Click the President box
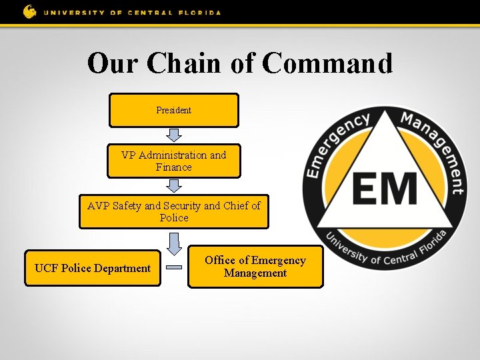click(173, 110)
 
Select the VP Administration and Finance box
click(173, 161)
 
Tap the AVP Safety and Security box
click(173, 211)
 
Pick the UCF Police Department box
click(93, 268)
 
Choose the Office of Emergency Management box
click(255, 267)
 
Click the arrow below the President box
click(173, 135)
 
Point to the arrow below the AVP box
click(173, 243)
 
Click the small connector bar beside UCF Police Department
click(174, 268)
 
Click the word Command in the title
click(327, 63)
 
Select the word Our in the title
click(113, 63)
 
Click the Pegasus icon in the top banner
click(30, 11)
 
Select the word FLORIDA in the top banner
click(198, 12)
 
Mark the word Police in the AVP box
click(174, 218)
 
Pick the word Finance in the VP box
click(173, 167)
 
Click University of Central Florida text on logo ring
click(385, 249)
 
